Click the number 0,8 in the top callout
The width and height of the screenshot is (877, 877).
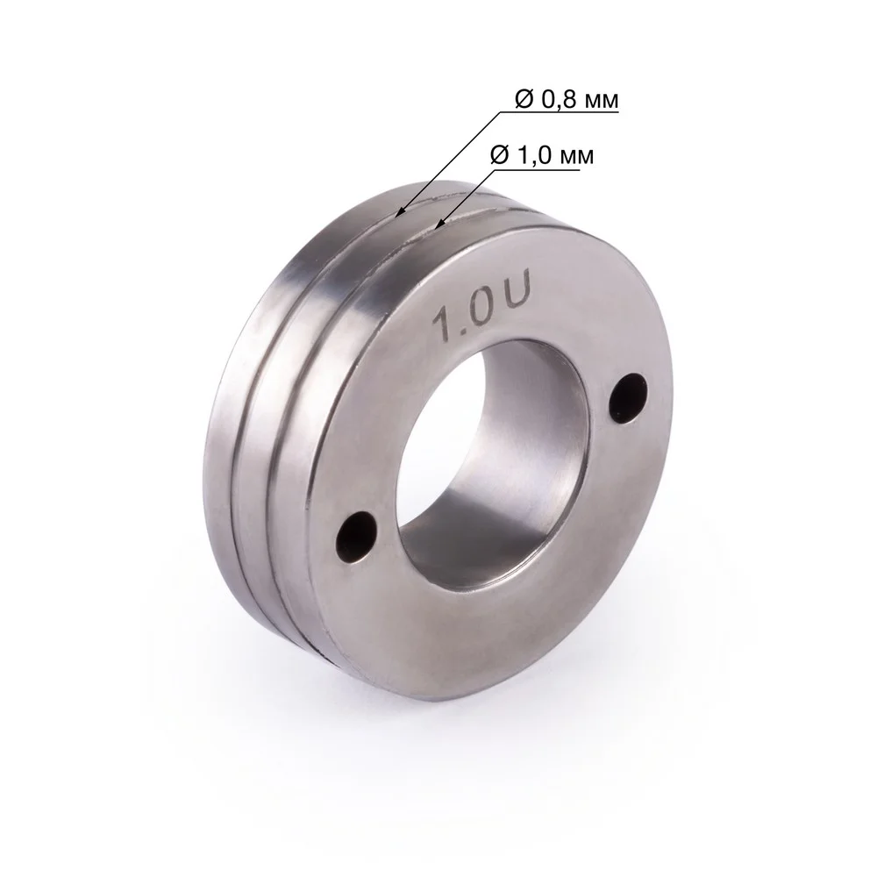click(560, 100)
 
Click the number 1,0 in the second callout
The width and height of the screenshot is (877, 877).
click(536, 155)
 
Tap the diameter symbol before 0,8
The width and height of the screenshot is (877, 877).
click(525, 100)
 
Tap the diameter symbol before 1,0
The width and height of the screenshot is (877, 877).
click(500, 155)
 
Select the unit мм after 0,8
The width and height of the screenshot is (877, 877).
click(602, 103)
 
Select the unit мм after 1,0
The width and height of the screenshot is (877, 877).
click(578, 157)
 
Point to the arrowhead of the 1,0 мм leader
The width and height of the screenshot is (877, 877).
click(438, 226)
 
